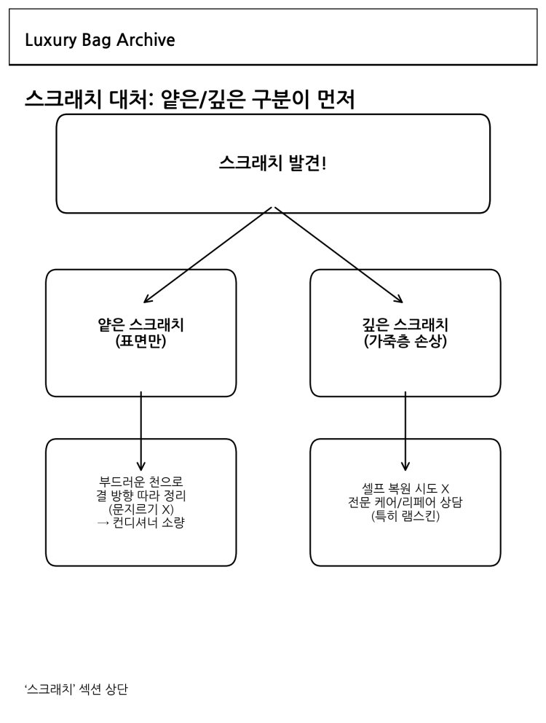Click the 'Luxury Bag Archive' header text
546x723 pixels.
pos(100,40)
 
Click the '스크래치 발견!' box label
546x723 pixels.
pos(272,163)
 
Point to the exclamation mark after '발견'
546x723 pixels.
pos(324,163)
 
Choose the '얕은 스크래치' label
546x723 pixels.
pos(141,324)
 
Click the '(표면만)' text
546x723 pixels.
pos(141,340)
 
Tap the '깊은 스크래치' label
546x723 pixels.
pos(405,324)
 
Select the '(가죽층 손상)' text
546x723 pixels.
pos(405,340)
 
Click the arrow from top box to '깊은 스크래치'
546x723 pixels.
pos(339,255)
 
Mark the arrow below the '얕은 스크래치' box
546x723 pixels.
pos(141,430)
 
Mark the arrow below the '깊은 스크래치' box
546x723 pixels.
pos(405,430)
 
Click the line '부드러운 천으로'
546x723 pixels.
pos(141,482)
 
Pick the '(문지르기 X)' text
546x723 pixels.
pos(141,509)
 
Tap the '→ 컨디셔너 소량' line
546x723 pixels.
pos(141,523)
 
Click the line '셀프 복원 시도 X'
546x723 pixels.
pos(405,488)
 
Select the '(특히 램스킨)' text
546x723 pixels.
pos(405,516)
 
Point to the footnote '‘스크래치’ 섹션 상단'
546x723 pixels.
pos(76,689)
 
